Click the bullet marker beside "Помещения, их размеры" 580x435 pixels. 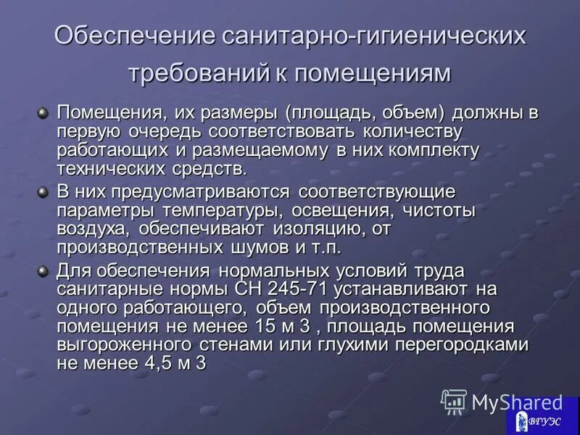[43, 113]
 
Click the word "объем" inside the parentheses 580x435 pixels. [402, 114]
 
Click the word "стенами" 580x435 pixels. [243, 344]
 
